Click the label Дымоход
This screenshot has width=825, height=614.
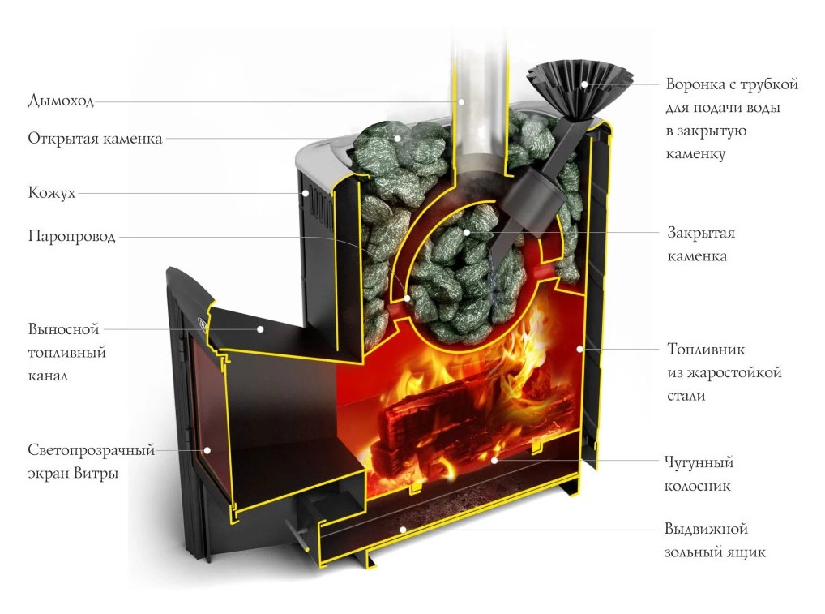click(x=61, y=101)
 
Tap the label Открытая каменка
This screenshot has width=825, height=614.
click(x=95, y=138)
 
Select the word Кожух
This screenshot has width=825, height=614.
click(x=52, y=193)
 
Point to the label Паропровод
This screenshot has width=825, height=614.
click(x=71, y=237)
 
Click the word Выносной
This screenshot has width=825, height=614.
click(x=63, y=330)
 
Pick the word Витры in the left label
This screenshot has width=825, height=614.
click(x=100, y=473)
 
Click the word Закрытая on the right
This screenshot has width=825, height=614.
click(x=701, y=234)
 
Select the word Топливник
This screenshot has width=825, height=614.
click(x=705, y=350)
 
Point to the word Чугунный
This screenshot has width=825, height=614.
click(x=699, y=463)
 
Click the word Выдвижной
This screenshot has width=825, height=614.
click(x=704, y=530)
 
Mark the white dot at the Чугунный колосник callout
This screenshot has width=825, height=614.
click(x=494, y=459)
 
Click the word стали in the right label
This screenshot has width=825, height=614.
click(x=686, y=396)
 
